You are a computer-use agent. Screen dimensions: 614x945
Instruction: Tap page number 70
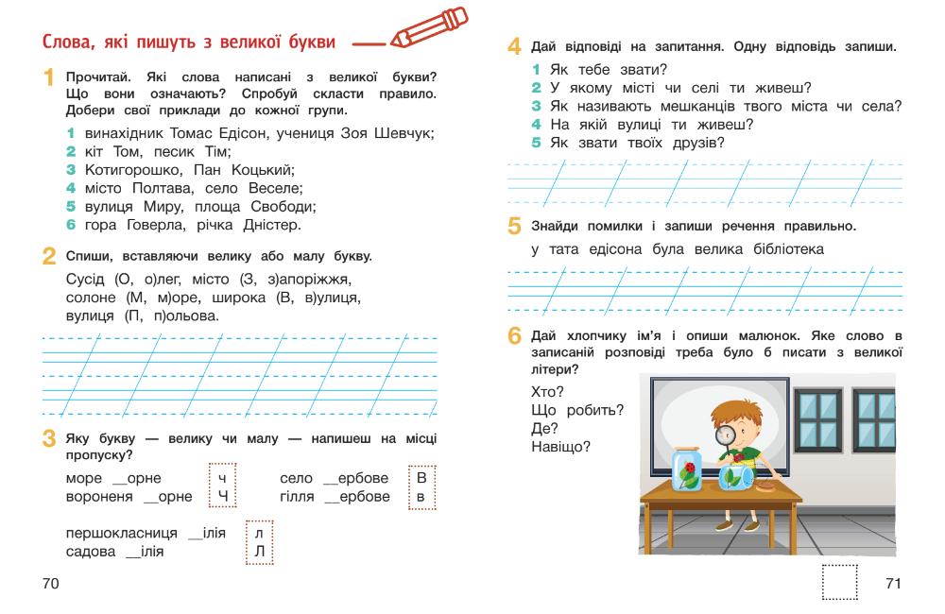click(x=51, y=584)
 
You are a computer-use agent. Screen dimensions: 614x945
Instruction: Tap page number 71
click(x=893, y=584)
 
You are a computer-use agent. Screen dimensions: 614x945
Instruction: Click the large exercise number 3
click(x=48, y=439)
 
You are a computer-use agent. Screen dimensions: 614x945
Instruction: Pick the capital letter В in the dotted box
click(x=421, y=478)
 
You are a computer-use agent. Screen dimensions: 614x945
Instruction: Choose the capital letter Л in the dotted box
click(x=258, y=550)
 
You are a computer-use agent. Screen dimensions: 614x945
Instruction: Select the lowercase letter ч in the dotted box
click(x=222, y=478)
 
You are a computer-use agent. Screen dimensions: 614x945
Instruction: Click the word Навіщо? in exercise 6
click(x=560, y=447)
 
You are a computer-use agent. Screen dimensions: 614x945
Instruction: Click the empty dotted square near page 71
click(x=840, y=582)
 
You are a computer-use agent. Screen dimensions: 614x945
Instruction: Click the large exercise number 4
click(x=515, y=46)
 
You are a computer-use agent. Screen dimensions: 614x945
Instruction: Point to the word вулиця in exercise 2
click(x=90, y=316)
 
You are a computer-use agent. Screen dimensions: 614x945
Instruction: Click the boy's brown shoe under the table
click(x=725, y=524)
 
